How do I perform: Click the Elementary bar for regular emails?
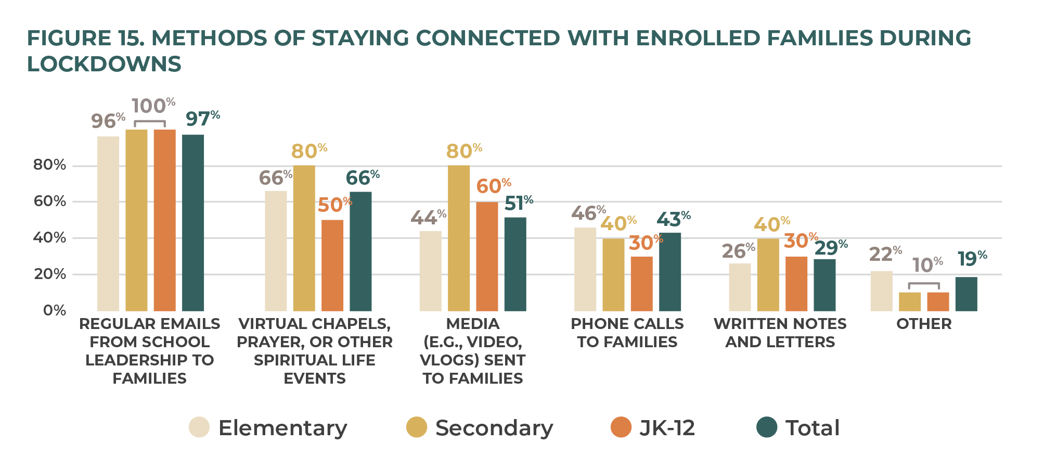(x=108, y=224)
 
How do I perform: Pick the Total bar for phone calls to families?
(x=670, y=272)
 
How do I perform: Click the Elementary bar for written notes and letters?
(x=740, y=287)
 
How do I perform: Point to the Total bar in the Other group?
(x=966, y=294)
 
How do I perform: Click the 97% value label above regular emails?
(x=202, y=119)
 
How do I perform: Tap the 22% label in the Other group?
(x=885, y=254)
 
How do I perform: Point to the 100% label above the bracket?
(x=153, y=106)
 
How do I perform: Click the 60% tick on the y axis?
(x=50, y=201)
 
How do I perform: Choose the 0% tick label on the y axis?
(x=55, y=311)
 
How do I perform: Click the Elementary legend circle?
(x=199, y=427)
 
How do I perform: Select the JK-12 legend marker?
(x=621, y=427)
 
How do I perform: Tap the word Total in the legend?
(x=812, y=428)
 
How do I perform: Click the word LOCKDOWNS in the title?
(x=104, y=64)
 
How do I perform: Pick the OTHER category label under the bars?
(x=924, y=324)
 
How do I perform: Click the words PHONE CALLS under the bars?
(x=627, y=324)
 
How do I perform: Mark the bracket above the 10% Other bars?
(x=924, y=284)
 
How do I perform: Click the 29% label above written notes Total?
(x=831, y=248)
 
